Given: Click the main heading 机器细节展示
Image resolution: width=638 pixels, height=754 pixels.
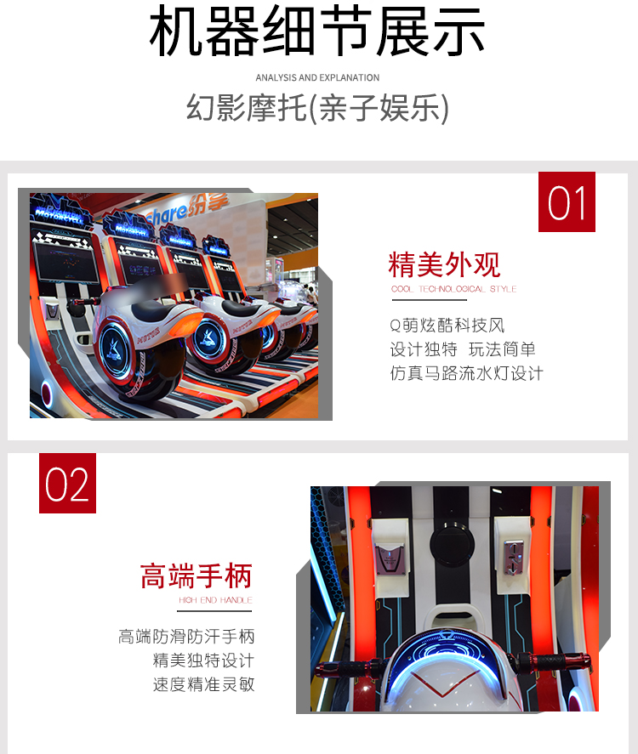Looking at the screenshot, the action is (x=317, y=31).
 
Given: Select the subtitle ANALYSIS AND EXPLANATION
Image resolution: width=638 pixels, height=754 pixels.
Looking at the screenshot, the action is (x=317, y=77).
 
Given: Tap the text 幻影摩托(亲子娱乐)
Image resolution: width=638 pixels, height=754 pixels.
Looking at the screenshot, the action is (x=317, y=108).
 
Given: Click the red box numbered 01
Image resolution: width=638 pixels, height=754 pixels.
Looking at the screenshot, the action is (x=567, y=202).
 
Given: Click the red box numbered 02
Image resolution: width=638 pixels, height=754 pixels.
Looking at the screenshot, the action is (x=67, y=484).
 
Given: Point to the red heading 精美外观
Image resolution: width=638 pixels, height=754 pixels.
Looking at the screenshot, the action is (x=444, y=264).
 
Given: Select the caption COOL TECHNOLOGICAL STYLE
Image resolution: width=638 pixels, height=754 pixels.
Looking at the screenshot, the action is (x=453, y=289).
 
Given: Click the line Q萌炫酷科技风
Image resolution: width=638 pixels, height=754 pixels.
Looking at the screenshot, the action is (x=447, y=326).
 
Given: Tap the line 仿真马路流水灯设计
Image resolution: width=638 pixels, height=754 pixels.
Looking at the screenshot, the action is (x=467, y=373).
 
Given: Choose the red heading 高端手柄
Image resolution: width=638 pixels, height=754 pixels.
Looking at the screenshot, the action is (x=197, y=576).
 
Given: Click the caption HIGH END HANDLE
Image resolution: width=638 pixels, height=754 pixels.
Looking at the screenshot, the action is (x=215, y=600).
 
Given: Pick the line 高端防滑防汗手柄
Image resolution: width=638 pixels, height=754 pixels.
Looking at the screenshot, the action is (x=186, y=637).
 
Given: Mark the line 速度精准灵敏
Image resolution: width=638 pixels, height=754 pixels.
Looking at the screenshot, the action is (x=204, y=684).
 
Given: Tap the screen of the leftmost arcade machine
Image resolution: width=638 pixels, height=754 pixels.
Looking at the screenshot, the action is (x=67, y=262).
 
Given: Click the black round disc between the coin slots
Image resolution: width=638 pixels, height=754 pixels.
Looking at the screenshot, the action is (x=452, y=545).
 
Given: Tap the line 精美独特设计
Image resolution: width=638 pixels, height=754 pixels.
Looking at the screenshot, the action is (x=204, y=660).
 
